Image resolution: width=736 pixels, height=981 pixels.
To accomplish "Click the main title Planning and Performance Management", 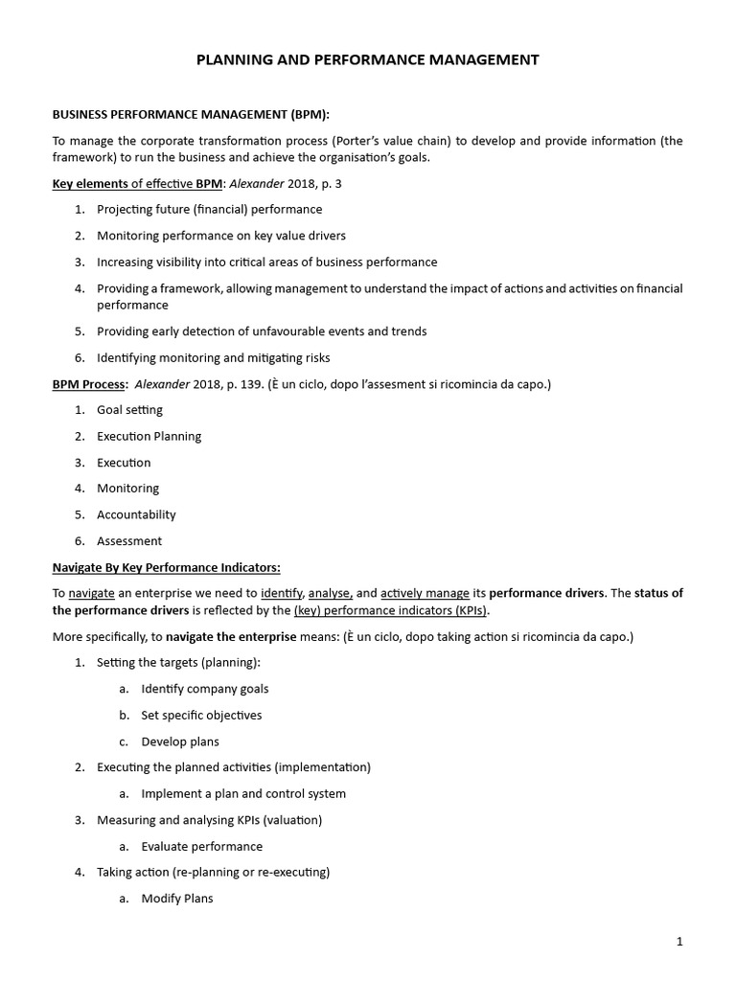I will coord(368,60).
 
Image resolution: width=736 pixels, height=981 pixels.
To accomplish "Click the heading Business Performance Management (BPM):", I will coord(191,114).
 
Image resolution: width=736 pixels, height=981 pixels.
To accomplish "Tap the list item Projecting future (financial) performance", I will coord(209,209).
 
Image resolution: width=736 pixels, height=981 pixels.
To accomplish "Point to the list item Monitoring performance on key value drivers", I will coord(221,235).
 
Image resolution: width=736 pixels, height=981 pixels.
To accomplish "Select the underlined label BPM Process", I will coord(88,384).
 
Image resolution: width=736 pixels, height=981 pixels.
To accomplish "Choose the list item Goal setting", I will coord(129,410).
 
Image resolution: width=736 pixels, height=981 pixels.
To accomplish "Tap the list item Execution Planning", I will coord(149,436).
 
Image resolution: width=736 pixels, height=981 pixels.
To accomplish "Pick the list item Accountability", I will coord(136,514).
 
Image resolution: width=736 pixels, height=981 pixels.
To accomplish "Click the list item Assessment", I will coord(129,541).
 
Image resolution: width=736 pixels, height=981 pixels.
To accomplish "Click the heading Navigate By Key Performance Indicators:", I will coord(166,567).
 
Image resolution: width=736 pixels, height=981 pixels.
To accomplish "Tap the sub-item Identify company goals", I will coord(204,689).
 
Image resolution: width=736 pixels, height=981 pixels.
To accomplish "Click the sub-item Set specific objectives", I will coord(201,716).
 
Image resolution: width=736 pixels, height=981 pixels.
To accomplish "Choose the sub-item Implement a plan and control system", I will coord(243,794).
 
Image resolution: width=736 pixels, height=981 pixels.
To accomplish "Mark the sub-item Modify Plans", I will coord(177,899).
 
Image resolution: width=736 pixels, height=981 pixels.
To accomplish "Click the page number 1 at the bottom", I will coord(679,942).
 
